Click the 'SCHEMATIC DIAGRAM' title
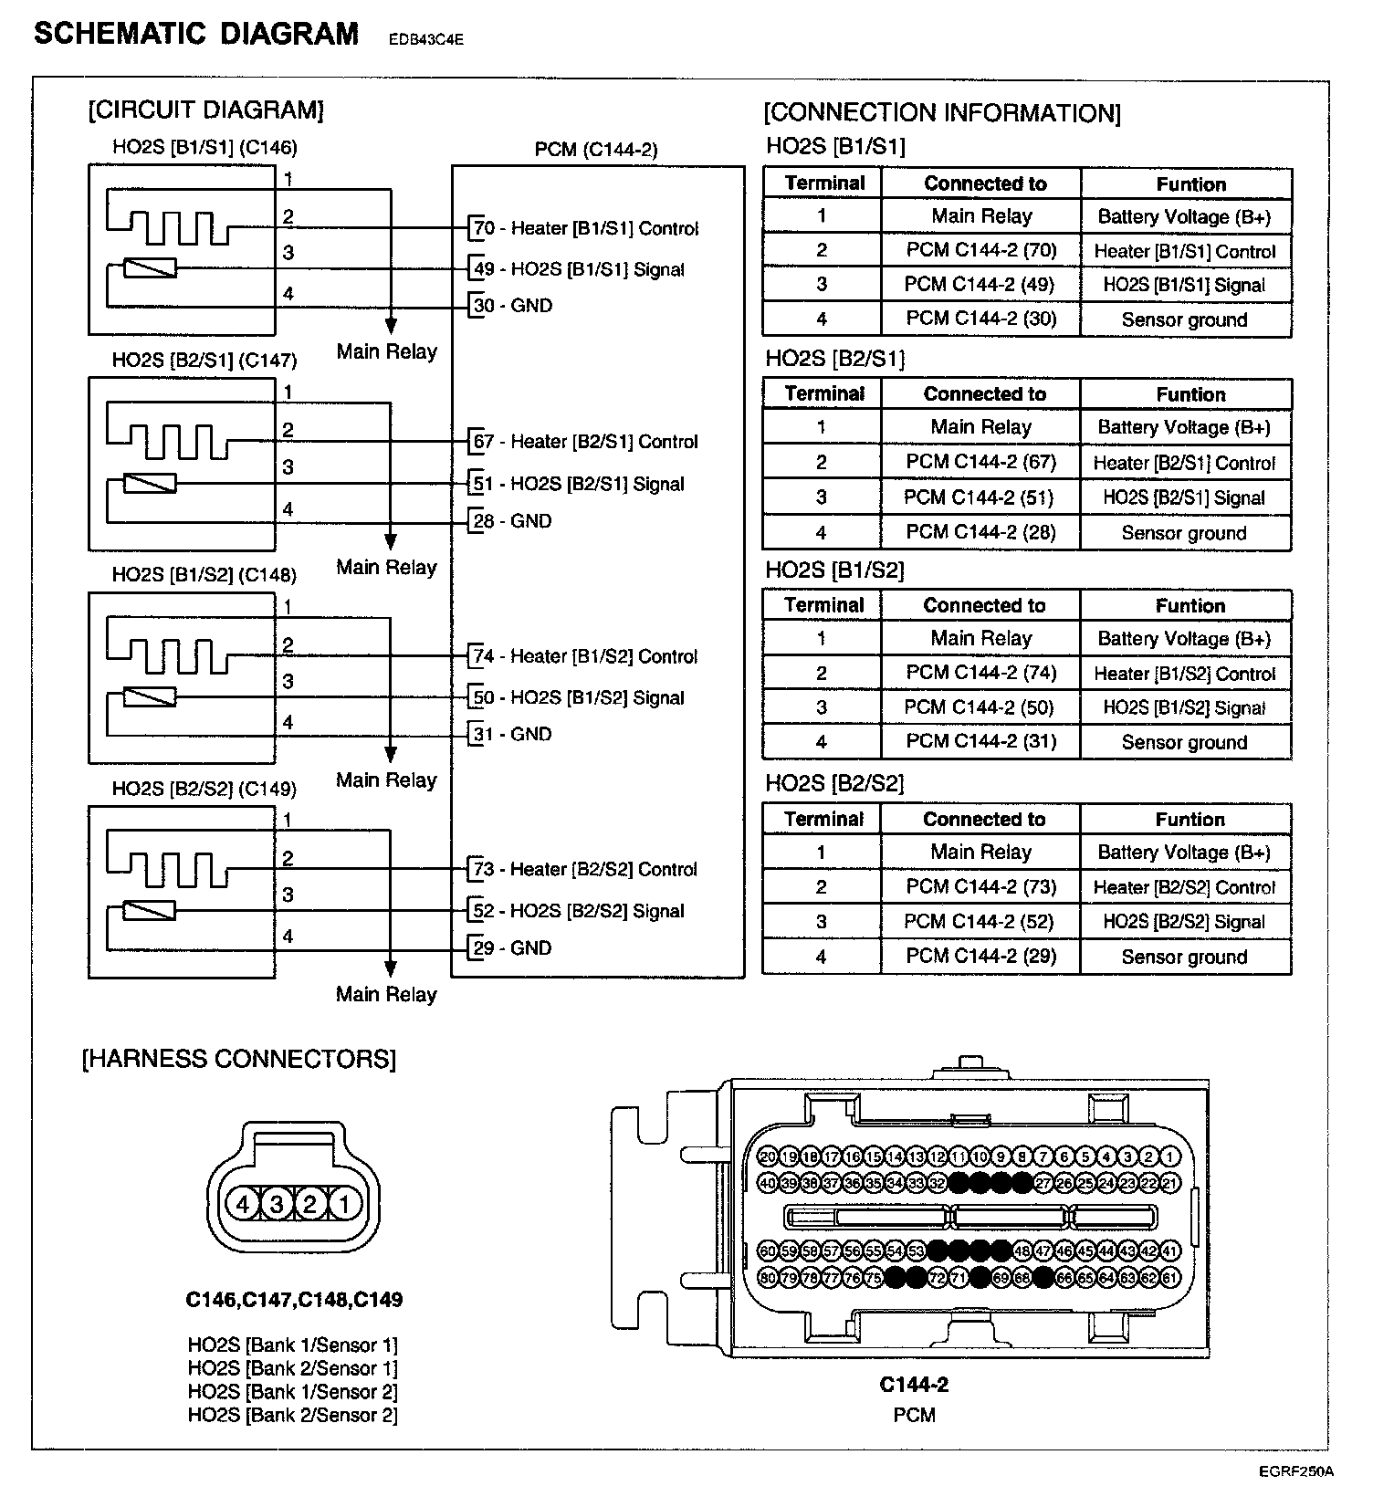(x=196, y=34)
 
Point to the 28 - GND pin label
(x=512, y=521)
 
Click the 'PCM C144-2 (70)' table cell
(x=981, y=250)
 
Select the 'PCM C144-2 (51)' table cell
(x=980, y=497)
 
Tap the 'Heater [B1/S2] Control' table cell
(x=1184, y=674)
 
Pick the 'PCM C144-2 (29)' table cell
(x=981, y=956)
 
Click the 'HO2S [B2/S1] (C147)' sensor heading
(x=204, y=360)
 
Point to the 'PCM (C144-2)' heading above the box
(x=596, y=149)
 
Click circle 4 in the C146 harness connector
(x=243, y=1205)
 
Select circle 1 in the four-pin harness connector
(x=344, y=1205)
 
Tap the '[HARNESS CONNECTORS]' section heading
(x=239, y=1059)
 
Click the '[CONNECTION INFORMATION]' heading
(x=942, y=113)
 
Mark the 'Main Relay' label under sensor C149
(x=386, y=994)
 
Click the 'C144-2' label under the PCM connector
(x=914, y=1385)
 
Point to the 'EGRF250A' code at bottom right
(x=1295, y=1471)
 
